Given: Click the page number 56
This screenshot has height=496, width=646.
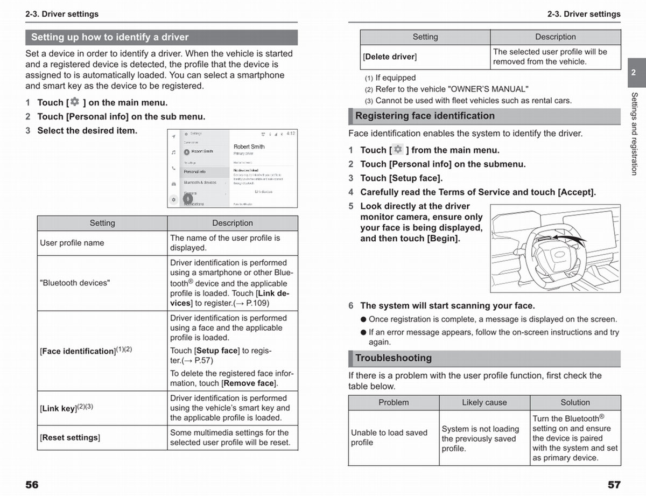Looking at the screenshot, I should [x=32, y=485].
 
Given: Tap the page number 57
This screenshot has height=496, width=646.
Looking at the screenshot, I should [x=614, y=485].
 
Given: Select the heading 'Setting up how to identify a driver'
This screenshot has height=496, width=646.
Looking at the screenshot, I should [x=110, y=37].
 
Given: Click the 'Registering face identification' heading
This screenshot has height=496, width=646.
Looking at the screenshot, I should [x=425, y=116].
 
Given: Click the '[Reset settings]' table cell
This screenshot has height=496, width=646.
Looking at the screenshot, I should [x=70, y=438].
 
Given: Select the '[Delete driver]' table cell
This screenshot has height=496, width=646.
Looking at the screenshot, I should [x=390, y=57].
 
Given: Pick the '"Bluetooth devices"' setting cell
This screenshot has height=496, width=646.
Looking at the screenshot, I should [x=75, y=283].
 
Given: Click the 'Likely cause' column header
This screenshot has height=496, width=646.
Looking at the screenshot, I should [x=484, y=403].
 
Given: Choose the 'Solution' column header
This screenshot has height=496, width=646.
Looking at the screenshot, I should [x=575, y=403].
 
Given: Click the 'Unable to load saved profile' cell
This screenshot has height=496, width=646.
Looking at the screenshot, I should [x=389, y=437].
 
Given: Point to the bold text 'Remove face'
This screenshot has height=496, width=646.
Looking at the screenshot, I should [x=250, y=383].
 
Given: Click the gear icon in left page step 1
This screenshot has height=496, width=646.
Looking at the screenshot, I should [x=74, y=102].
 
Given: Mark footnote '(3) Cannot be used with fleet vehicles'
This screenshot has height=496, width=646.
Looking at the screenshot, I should [x=468, y=100].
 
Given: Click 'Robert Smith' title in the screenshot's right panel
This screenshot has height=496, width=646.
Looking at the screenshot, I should [x=249, y=146].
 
